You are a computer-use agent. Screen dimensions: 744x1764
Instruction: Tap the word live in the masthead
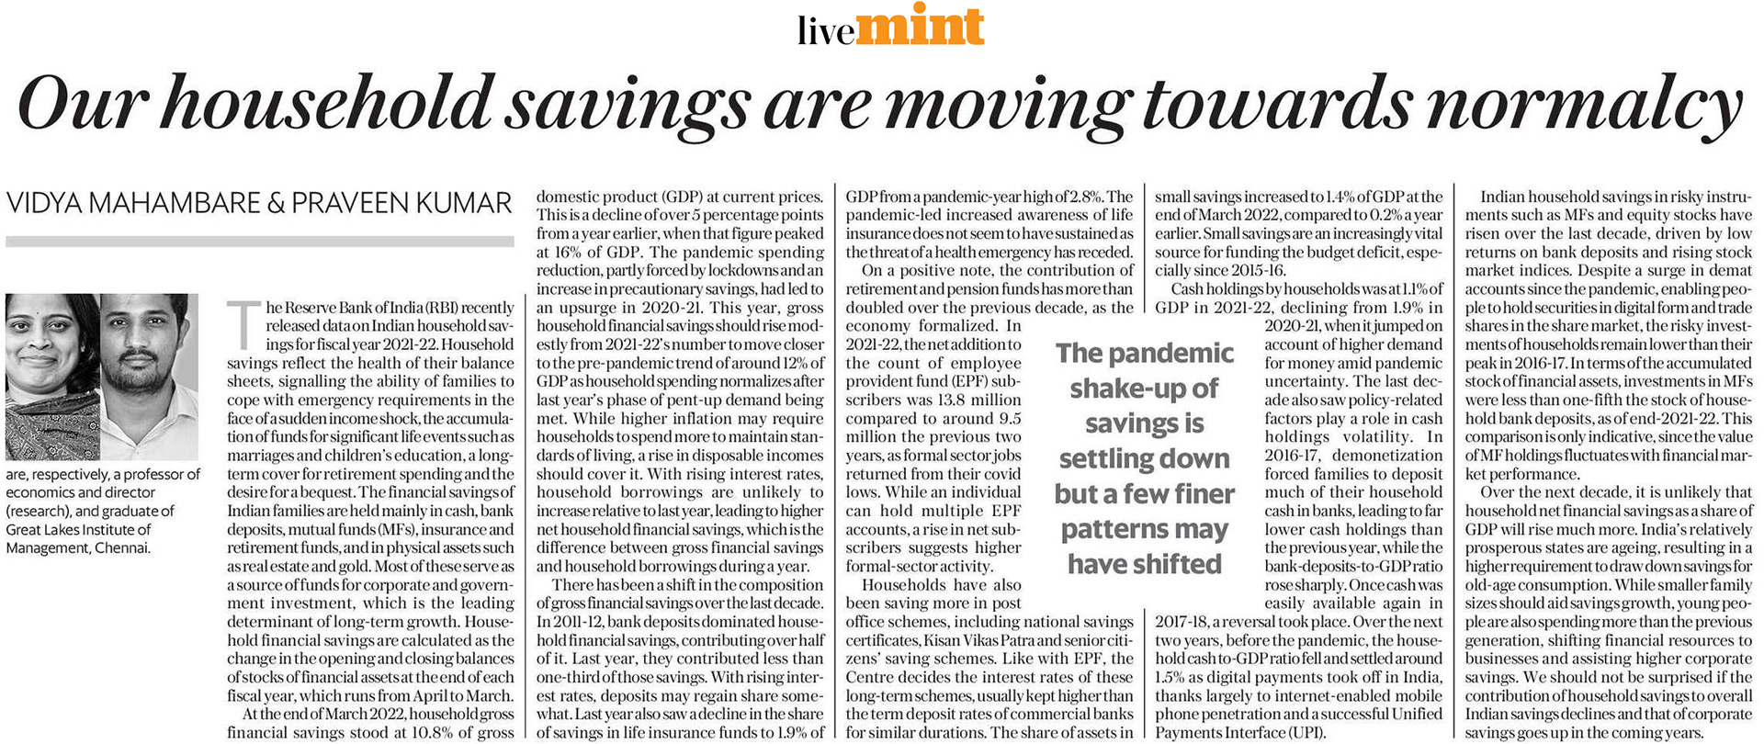[x=826, y=32]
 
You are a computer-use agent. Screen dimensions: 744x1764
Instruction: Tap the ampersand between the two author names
[x=276, y=203]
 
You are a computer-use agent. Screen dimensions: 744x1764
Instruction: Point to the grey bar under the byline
[x=259, y=242]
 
